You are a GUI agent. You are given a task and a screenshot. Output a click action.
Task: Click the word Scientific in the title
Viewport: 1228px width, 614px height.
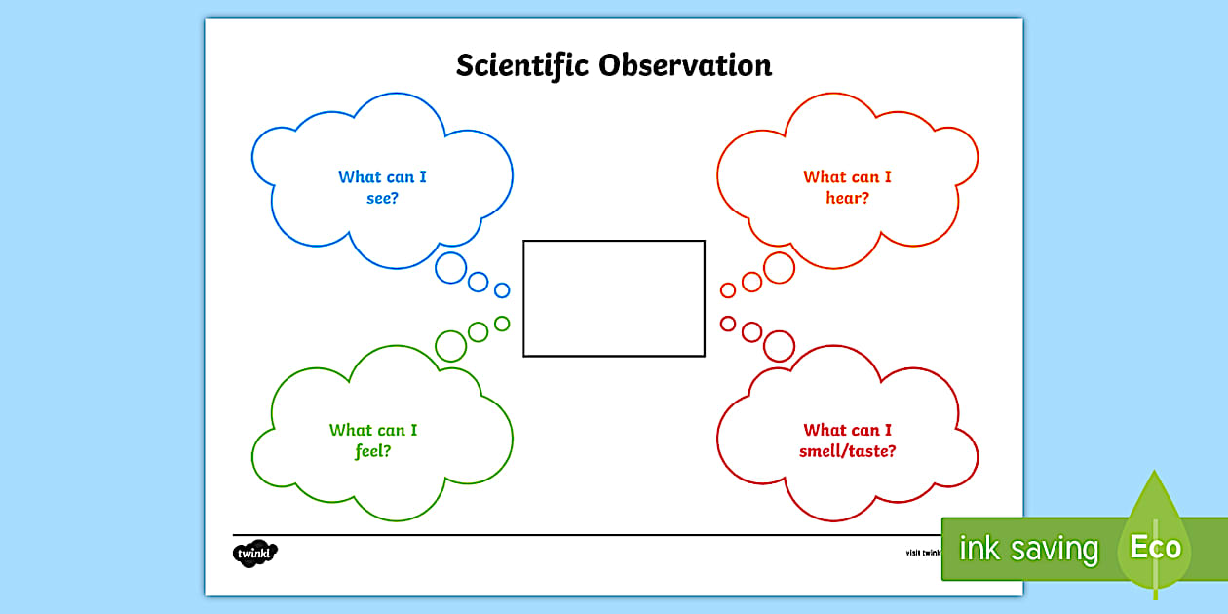point(522,65)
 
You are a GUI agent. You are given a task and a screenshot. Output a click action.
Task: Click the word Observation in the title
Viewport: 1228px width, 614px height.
point(685,65)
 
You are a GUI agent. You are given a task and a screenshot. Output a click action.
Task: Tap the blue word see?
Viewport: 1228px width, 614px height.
point(382,198)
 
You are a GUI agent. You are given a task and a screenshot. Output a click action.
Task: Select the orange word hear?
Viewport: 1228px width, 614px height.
point(847,198)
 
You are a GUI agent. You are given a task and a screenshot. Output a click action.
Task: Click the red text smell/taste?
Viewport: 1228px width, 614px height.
point(847,451)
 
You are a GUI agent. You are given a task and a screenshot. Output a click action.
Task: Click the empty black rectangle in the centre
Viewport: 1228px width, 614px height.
point(614,298)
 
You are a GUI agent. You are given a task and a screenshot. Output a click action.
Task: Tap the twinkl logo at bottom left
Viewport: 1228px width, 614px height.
point(255,554)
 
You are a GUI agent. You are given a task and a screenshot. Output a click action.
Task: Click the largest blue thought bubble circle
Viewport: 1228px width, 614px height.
point(450,268)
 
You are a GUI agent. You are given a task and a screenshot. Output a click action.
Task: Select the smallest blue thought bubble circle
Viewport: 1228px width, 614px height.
point(502,289)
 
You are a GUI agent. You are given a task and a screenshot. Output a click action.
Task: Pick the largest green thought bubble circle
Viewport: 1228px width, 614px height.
point(450,345)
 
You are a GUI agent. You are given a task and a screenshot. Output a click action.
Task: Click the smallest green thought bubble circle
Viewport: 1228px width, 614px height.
point(502,324)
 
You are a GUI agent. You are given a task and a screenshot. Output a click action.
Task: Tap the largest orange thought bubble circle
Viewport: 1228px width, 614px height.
point(779,268)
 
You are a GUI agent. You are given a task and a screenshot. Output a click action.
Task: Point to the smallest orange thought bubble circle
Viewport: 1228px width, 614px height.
point(728,289)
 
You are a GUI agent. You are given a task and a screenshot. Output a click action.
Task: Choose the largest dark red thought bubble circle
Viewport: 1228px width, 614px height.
point(779,345)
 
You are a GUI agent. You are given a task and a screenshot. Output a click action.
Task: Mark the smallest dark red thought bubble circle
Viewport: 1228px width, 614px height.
point(728,324)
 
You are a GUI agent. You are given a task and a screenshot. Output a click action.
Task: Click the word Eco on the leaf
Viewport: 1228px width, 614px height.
point(1155,548)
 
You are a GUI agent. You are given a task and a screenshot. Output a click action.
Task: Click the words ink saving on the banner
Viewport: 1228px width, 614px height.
point(1028,549)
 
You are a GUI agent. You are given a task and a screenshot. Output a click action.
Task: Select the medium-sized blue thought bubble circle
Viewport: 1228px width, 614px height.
point(478,282)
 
